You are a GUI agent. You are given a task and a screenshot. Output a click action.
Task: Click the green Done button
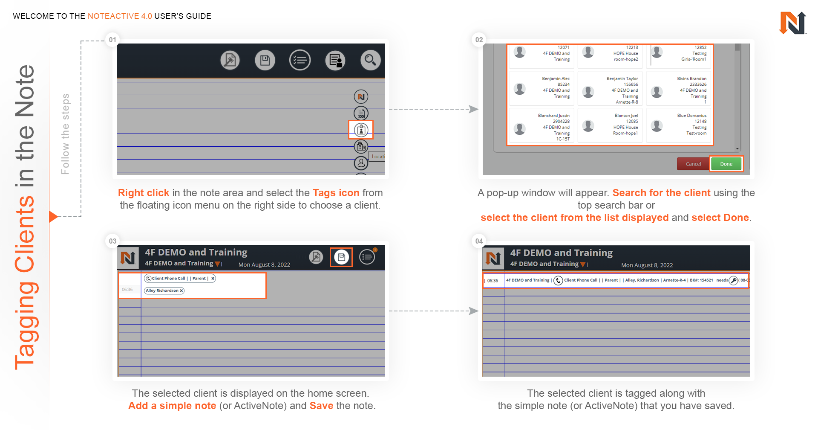(726, 164)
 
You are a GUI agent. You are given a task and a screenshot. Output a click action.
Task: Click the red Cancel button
(693, 164)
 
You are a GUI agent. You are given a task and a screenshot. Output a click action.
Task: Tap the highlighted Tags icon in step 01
(361, 130)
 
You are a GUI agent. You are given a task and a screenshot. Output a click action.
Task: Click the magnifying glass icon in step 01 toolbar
(370, 60)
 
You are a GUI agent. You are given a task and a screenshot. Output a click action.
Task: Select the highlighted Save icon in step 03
(341, 257)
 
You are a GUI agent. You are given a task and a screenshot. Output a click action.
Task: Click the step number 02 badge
(479, 40)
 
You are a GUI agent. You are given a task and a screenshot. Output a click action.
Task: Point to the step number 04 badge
(479, 241)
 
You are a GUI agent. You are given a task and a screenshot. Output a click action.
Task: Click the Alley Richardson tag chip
(164, 291)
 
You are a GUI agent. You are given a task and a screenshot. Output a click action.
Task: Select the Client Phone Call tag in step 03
(168, 279)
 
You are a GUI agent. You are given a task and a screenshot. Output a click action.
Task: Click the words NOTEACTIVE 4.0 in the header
(120, 16)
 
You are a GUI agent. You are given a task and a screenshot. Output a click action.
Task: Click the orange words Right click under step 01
(143, 193)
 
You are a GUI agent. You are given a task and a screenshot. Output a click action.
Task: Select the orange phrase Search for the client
(661, 193)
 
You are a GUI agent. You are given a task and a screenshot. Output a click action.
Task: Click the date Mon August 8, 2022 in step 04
(647, 265)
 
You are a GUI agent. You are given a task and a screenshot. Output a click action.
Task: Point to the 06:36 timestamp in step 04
(493, 281)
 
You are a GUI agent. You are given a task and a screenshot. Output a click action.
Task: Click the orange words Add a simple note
(172, 406)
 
